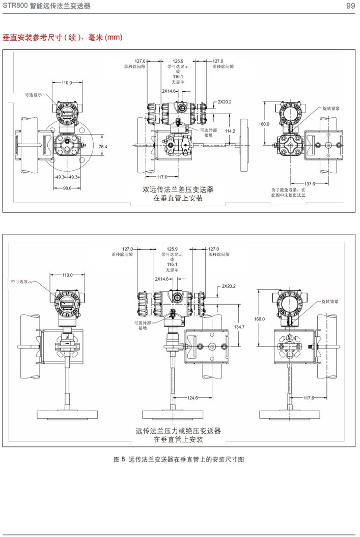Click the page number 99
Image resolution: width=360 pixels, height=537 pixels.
click(350, 6)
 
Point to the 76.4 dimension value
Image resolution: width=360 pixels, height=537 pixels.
click(103, 147)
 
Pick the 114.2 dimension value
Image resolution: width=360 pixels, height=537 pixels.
click(230, 131)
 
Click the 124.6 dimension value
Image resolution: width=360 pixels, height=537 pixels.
click(193, 398)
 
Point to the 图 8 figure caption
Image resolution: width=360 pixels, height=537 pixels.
click(179, 459)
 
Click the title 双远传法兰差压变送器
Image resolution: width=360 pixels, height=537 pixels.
click(178, 190)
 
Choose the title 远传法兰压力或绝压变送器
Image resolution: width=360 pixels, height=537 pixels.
click(178, 431)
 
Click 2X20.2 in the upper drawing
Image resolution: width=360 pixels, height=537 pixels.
click(225, 102)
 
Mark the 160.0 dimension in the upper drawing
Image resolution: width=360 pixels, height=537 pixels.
click(263, 124)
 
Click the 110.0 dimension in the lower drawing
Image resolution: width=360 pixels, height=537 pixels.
click(67, 275)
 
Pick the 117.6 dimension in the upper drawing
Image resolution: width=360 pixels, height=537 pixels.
click(162, 177)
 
